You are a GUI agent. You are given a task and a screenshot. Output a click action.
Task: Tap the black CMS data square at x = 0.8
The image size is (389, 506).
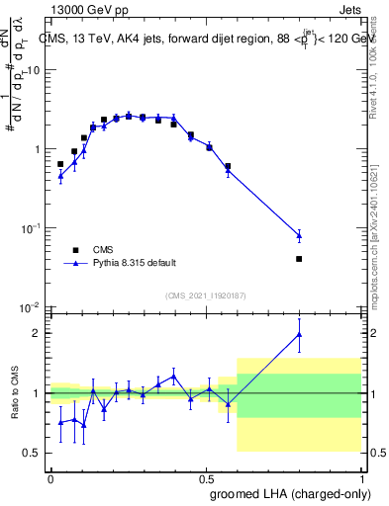coord(327,259)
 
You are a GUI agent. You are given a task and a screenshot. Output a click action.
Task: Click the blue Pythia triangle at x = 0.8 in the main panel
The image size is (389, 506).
coord(327,235)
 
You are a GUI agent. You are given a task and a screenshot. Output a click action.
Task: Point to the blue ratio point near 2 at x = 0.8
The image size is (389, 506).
coord(327,335)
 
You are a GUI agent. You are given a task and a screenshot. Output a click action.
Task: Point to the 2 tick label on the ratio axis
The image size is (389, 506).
coord(38,333)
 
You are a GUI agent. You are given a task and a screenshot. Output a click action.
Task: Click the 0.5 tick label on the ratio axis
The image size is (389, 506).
coord(33,453)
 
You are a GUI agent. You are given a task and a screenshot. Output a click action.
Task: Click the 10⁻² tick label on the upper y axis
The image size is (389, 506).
coord(31,306)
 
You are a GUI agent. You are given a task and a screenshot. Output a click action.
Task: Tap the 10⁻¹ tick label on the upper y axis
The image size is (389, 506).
coord(31,227)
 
